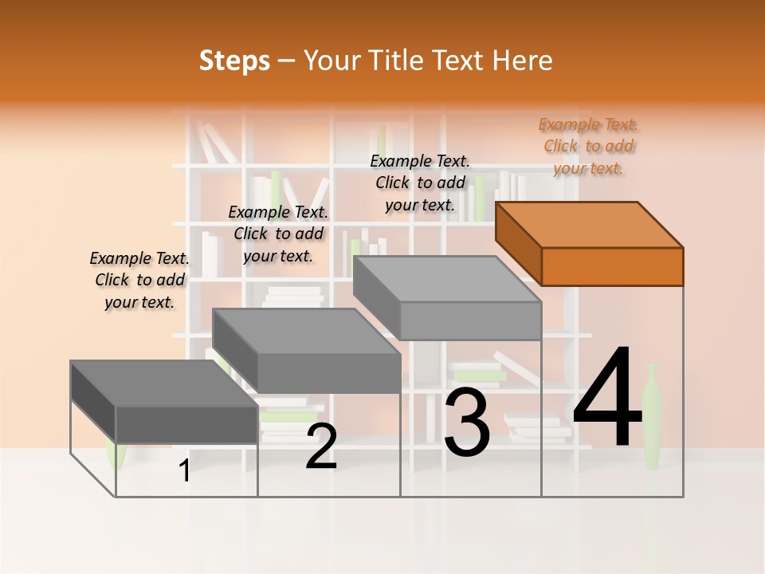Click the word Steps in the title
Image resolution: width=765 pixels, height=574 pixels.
click(234, 61)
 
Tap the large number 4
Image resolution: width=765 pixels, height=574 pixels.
click(607, 398)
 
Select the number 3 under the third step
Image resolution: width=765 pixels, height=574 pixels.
click(467, 423)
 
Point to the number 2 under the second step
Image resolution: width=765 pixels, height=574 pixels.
click(321, 446)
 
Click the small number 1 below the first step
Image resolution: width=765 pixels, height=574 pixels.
click(185, 470)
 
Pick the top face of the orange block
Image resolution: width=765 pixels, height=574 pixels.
click(590, 224)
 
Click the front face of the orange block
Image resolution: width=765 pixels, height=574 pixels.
click(612, 266)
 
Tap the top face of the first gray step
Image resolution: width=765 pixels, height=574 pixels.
click(164, 383)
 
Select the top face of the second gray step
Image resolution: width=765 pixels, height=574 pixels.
click(306, 331)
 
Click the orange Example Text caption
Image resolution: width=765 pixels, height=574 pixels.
click(589, 146)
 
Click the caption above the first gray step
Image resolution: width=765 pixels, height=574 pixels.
click(139, 280)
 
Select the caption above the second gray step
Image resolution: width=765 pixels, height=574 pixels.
click(278, 234)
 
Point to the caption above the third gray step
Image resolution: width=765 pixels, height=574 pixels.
click(420, 183)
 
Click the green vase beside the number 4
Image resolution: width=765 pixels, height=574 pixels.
click(652, 415)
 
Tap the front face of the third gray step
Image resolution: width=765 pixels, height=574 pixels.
click(470, 320)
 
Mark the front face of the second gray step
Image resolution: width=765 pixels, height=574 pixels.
click(328, 372)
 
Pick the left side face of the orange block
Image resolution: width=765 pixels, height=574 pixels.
click(518, 241)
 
